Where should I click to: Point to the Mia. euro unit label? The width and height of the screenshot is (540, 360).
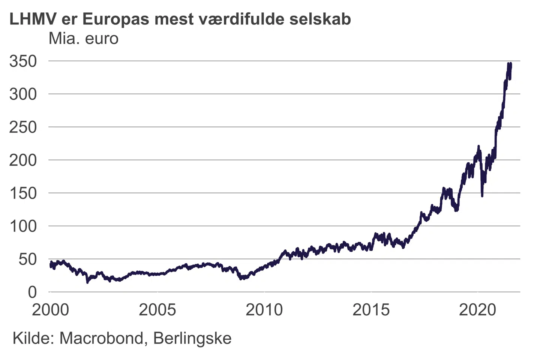[x=83, y=39]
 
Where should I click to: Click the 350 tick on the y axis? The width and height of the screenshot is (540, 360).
[x=23, y=61]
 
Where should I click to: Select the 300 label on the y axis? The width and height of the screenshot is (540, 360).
[x=23, y=94]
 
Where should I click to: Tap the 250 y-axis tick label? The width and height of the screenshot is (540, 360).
[x=23, y=127]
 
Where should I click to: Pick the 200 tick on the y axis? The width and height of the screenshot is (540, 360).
[x=23, y=160]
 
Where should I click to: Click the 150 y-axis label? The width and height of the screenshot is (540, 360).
[x=23, y=193]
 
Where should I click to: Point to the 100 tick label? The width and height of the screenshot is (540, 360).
[x=23, y=226]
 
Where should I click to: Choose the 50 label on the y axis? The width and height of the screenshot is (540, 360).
[x=28, y=259]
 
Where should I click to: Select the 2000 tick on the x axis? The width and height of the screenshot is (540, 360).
[x=50, y=310]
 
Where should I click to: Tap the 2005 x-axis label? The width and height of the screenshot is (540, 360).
[x=157, y=310]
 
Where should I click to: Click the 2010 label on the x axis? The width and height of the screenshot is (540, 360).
[x=264, y=310]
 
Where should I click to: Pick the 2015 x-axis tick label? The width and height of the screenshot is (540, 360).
[x=371, y=310]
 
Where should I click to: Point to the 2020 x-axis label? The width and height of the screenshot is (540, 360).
[x=477, y=310]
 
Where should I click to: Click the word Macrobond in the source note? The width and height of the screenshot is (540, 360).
[x=101, y=338]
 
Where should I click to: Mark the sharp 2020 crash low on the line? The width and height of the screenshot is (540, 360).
[x=482, y=195]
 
